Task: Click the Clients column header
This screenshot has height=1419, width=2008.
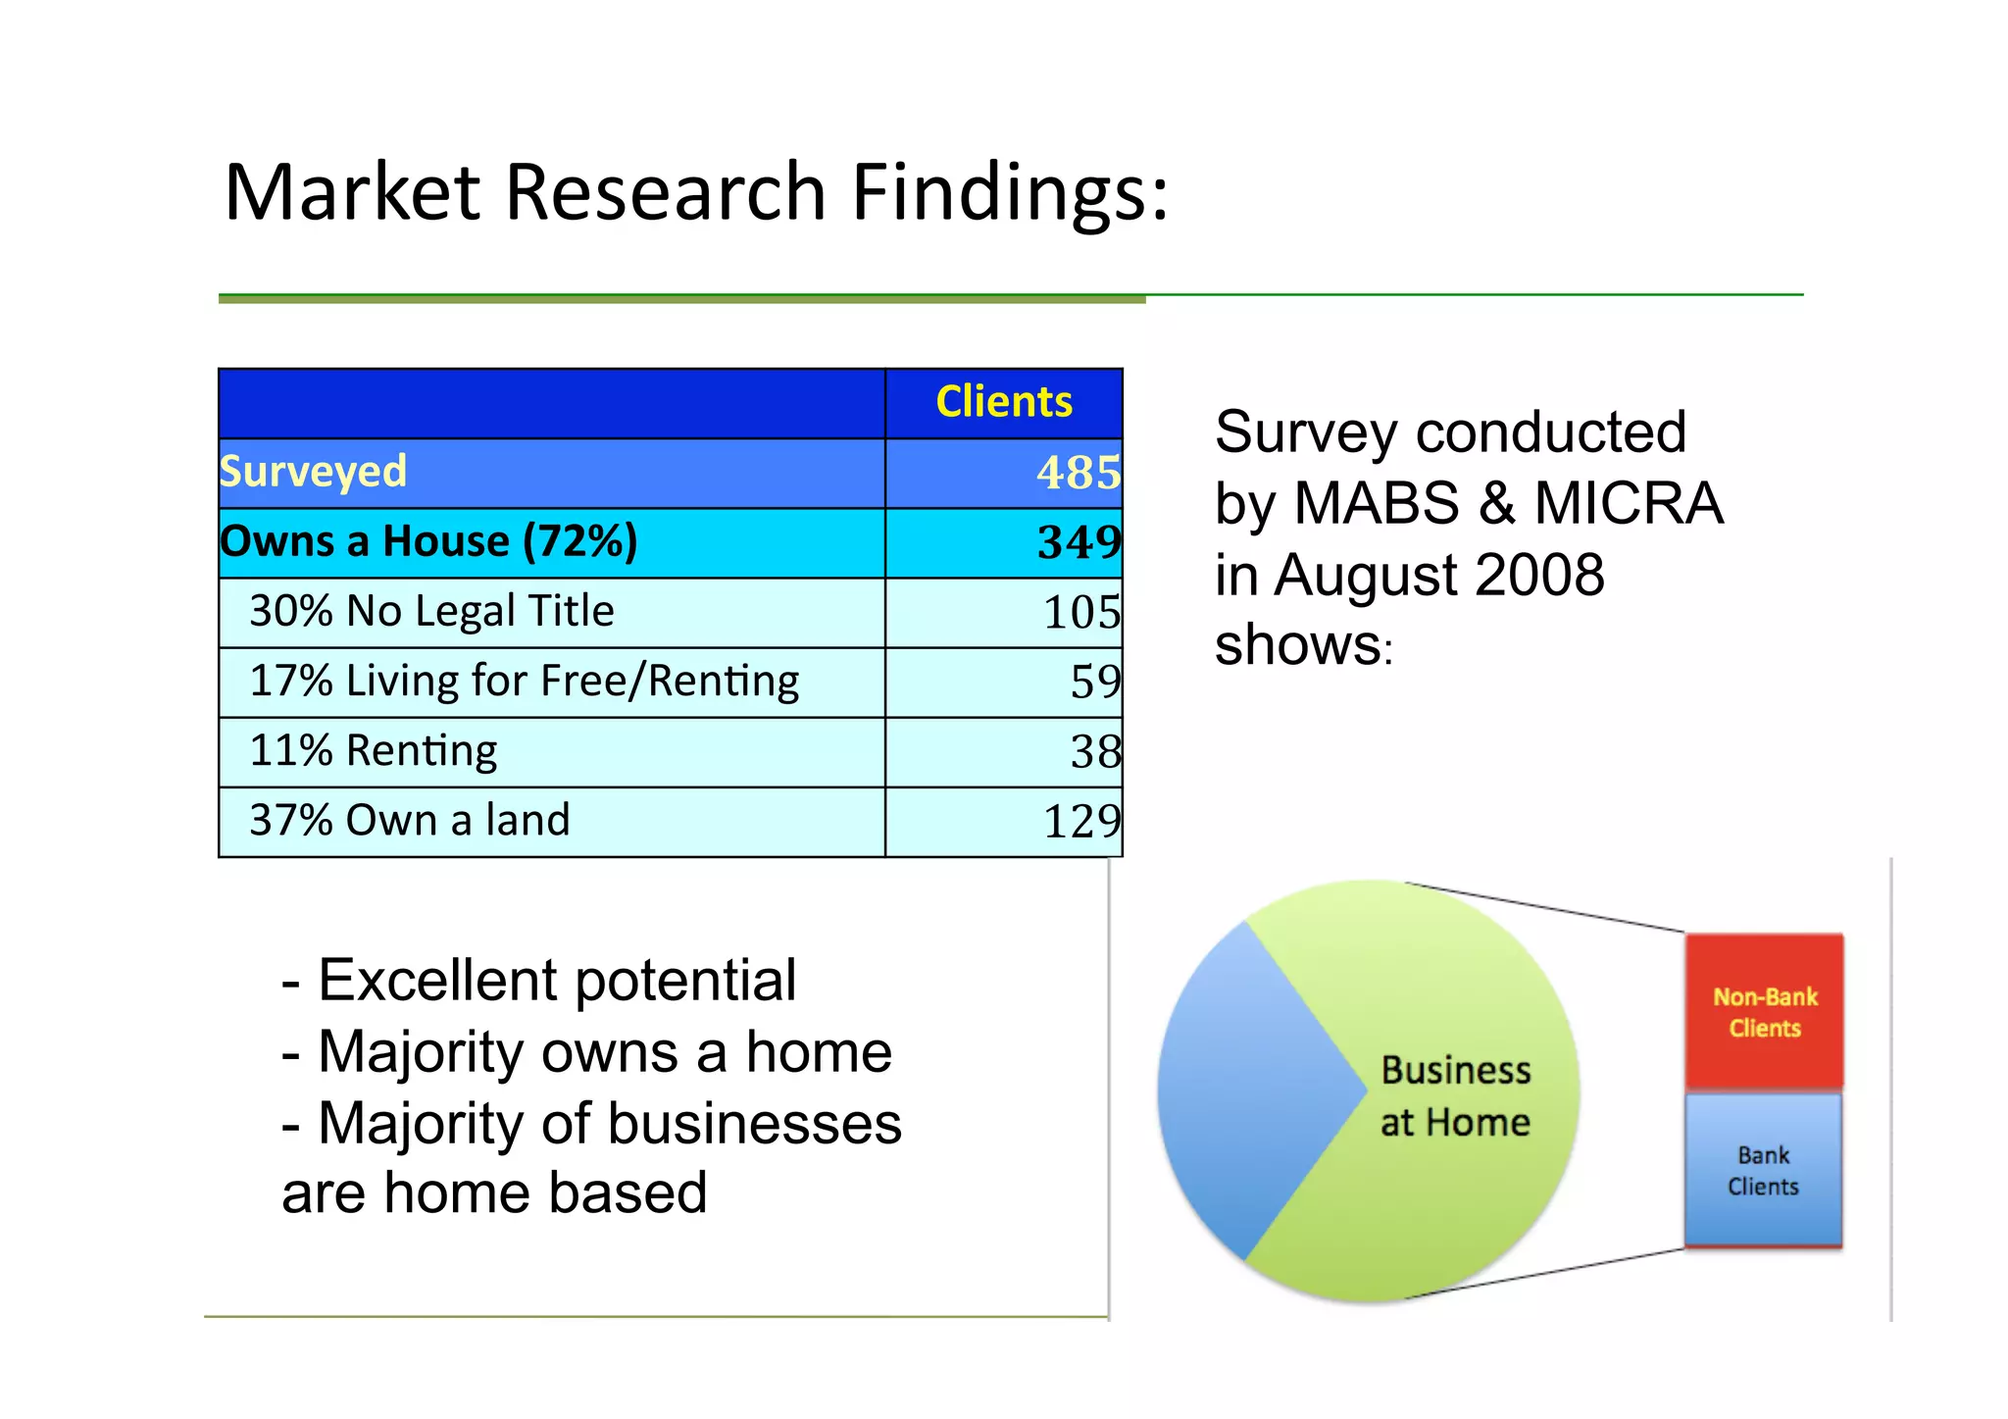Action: pyautogui.click(x=1004, y=402)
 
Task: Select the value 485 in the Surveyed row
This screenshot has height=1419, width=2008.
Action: pyautogui.click(x=1078, y=473)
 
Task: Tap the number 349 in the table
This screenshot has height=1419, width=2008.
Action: pyautogui.click(x=1079, y=542)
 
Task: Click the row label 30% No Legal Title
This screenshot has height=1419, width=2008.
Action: pyautogui.click(x=431, y=611)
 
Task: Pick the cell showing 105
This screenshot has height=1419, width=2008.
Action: pyautogui.click(x=1080, y=613)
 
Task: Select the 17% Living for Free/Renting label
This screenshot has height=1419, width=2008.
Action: pyautogui.click(x=524, y=682)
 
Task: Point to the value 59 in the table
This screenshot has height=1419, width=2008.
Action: pyautogui.click(x=1094, y=683)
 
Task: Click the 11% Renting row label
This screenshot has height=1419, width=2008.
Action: pyautogui.click(x=373, y=751)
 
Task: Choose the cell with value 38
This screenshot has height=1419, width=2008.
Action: pyautogui.click(x=1094, y=752)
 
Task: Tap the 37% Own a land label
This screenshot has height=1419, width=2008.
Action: pyautogui.click(x=409, y=821)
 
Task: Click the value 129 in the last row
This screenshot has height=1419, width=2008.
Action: pyautogui.click(x=1080, y=822)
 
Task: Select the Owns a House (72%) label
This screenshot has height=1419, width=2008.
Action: pyautogui.click(x=428, y=542)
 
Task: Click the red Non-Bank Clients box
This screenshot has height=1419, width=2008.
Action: pyautogui.click(x=1764, y=1011)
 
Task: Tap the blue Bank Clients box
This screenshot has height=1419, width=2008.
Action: pyautogui.click(x=1763, y=1170)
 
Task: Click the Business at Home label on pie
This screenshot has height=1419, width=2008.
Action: pyautogui.click(x=1455, y=1096)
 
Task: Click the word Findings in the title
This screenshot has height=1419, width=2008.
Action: pyautogui.click(x=1009, y=192)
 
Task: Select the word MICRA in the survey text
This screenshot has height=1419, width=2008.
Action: pyautogui.click(x=1628, y=504)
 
